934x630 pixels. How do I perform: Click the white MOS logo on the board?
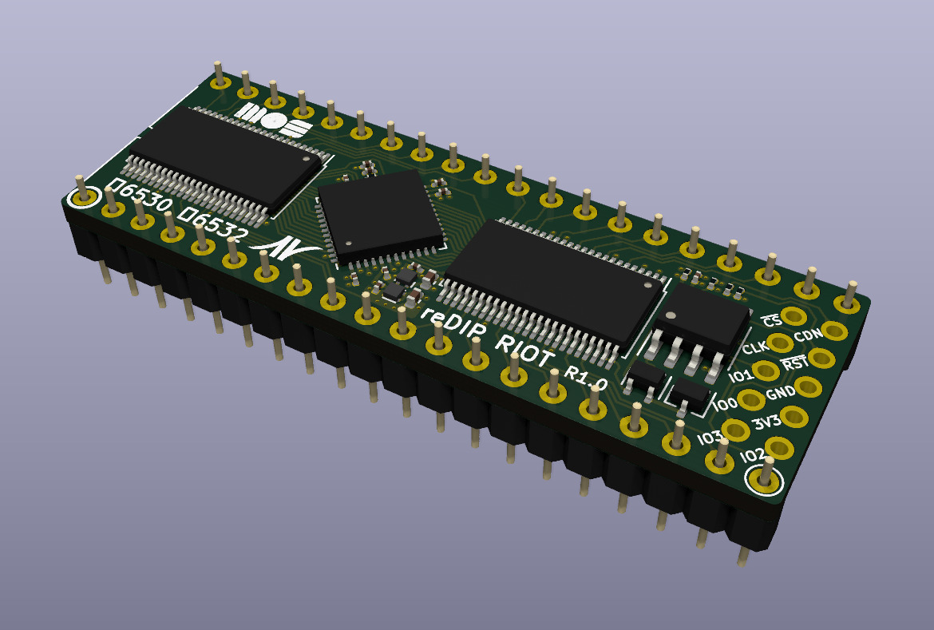pyautogui.click(x=272, y=121)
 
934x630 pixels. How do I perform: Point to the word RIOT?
pyautogui.click(x=525, y=351)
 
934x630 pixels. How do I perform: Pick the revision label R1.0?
pyautogui.click(x=585, y=378)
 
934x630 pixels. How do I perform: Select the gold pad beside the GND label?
pyautogui.click(x=809, y=386)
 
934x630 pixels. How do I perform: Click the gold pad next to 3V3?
pyautogui.click(x=794, y=415)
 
